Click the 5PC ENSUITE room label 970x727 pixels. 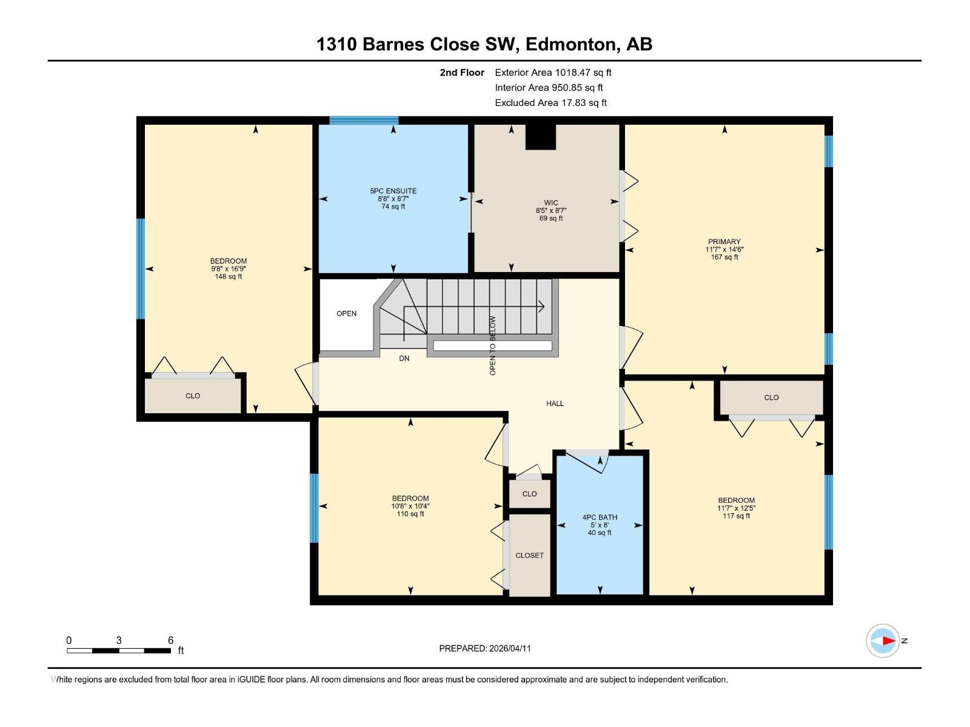click(x=393, y=191)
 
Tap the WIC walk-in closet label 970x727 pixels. click(x=550, y=203)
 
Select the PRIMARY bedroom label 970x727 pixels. click(x=724, y=242)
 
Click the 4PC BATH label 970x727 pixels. click(x=600, y=517)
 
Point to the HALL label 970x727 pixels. click(x=555, y=403)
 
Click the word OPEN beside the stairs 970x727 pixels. click(x=347, y=314)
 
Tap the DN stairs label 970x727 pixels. click(x=404, y=359)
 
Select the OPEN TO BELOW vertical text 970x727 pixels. click(x=492, y=345)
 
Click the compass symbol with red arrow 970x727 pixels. click(x=883, y=640)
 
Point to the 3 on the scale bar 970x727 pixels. click(x=119, y=640)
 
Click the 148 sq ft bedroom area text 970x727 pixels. click(x=228, y=277)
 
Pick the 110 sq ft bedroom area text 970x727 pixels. click(x=410, y=514)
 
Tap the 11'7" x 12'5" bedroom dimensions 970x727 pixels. click(x=736, y=508)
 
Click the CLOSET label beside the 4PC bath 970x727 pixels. click(x=529, y=556)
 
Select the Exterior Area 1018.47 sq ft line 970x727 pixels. click(x=553, y=73)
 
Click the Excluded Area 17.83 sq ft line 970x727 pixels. click(x=550, y=103)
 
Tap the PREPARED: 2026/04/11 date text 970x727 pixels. click(x=485, y=648)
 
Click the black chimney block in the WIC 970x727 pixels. click(x=540, y=137)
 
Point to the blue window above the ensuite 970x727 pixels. click(x=364, y=120)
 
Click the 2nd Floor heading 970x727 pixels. click(x=462, y=73)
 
